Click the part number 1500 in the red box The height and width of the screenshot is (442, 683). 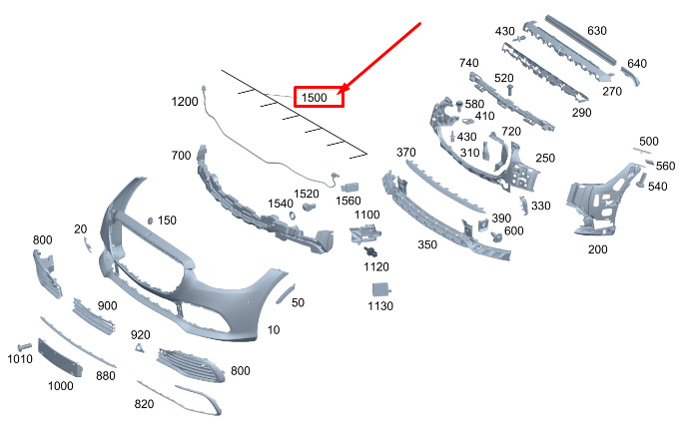coord(315,97)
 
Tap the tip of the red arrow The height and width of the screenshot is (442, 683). coord(339,93)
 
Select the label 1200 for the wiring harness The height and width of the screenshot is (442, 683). coord(185,102)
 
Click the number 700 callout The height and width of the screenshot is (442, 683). coord(181,156)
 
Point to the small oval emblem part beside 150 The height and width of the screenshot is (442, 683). coord(151,221)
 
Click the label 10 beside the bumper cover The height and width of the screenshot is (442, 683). coord(274,330)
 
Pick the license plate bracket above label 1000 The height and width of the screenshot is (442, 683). coord(60,357)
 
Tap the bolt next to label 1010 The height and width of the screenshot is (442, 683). coord(24,347)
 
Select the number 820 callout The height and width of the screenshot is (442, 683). coord(144,404)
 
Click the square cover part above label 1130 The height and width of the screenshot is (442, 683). coord(381,289)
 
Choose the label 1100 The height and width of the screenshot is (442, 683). coord(367,215)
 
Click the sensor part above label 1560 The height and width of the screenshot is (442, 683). coord(349,188)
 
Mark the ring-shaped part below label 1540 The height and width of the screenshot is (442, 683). coord(293,215)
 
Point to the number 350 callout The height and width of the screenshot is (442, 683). coord(427,244)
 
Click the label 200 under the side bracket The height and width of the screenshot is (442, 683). coord(597,249)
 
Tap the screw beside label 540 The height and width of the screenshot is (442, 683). coord(641,181)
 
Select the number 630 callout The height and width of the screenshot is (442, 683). coord(597,31)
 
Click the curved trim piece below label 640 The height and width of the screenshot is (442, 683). coord(632,78)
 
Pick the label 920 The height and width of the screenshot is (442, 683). coord(140,335)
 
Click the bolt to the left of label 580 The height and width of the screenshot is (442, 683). coord(459,106)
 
